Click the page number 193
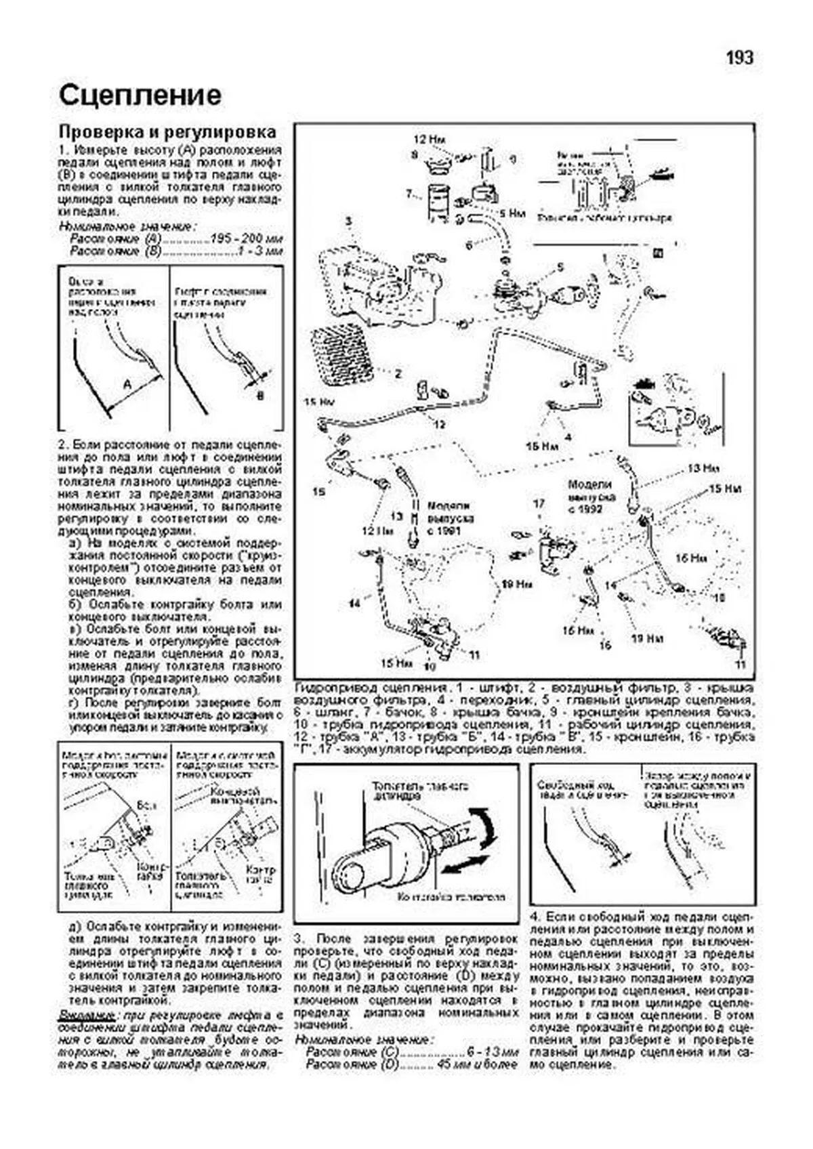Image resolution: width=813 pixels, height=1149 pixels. (x=739, y=58)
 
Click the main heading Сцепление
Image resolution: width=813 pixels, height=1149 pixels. (x=140, y=96)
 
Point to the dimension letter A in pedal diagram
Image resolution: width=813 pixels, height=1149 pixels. (x=127, y=384)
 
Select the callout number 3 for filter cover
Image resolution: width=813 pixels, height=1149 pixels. (x=348, y=222)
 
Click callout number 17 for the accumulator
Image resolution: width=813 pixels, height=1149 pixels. (x=539, y=504)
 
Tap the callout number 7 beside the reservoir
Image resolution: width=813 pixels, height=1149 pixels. (x=410, y=194)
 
